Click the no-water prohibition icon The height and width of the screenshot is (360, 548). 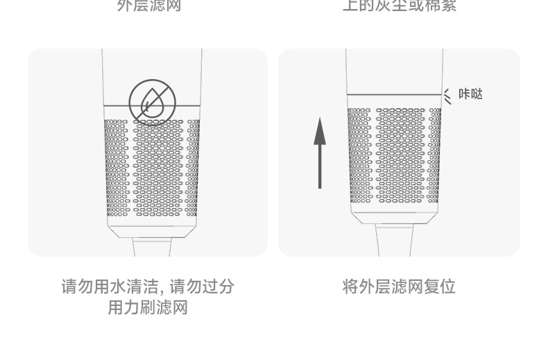click(x=153, y=102)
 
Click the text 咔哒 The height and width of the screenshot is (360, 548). click(x=470, y=94)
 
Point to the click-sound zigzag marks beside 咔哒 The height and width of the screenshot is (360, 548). click(x=447, y=96)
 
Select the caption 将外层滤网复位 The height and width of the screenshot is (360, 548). click(x=399, y=286)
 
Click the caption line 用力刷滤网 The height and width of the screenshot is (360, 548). click(x=148, y=307)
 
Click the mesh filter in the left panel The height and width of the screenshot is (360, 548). click(x=152, y=166)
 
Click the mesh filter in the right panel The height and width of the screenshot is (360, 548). click(x=394, y=156)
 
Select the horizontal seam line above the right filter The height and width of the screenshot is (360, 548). click(x=394, y=94)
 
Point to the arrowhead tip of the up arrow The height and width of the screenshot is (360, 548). click(x=319, y=119)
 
